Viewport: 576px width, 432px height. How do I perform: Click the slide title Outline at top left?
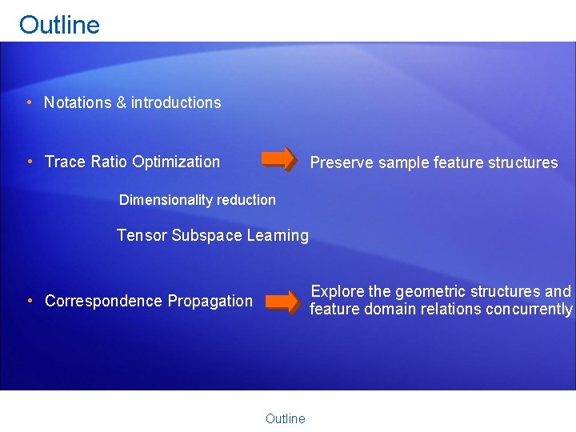pyautogui.click(x=59, y=25)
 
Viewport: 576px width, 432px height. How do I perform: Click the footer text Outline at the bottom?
pyautogui.click(x=285, y=418)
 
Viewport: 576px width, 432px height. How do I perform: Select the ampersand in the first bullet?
pyautogui.click(x=122, y=102)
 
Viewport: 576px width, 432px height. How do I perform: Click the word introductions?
pyautogui.click(x=176, y=102)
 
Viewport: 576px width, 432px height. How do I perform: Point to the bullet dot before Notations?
pyautogui.click(x=29, y=102)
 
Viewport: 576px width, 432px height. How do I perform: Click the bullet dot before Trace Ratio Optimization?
pyautogui.click(x=29, y=162)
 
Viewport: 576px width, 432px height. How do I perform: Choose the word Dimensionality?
pyautogui.click(x=162, y=200)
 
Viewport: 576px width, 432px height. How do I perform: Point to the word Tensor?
pyautogui.click(x=142, y=235)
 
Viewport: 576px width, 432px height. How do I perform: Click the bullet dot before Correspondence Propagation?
pyautogui.click(x=29, y=301)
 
